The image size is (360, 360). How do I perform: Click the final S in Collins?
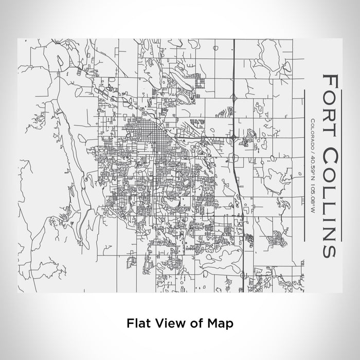[x=329, y=249]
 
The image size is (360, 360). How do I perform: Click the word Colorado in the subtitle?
[x=313, y=133]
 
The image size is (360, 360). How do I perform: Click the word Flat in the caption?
[x=137, y=323]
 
